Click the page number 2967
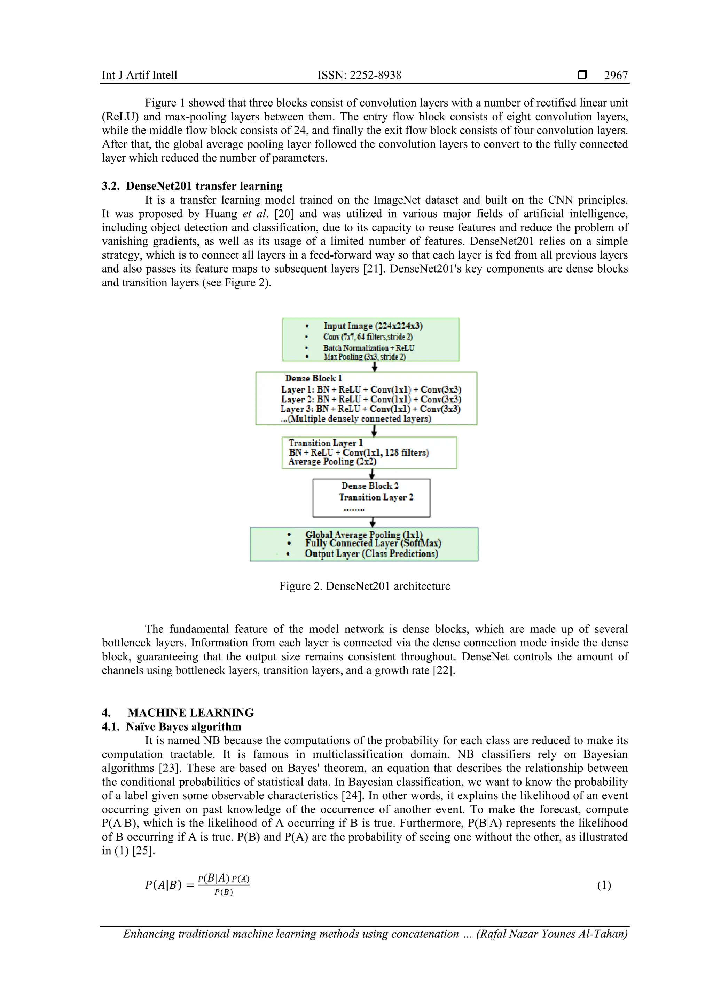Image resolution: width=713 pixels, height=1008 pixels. (616, 75)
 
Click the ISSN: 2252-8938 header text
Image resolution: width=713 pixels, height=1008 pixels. (359, 75)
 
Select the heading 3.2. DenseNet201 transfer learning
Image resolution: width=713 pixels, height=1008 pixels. (192, 186)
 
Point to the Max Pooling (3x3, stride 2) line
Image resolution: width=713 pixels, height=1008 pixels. (365, 356)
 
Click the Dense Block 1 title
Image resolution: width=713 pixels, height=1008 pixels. (313, 378)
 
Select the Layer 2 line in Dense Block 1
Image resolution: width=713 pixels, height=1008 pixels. (371, 399)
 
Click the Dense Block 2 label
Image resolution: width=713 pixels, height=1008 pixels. (370, 486)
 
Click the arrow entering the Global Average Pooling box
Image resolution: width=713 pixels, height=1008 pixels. (373, 522)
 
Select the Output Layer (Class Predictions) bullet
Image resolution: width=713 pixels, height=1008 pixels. (371, 554)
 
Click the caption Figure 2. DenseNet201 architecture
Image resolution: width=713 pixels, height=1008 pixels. (365, 586)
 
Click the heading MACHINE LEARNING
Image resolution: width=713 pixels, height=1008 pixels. (190, 712)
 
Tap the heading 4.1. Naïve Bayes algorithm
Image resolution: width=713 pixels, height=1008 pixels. (183, 726)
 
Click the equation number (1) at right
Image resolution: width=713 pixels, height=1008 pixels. (604, 885)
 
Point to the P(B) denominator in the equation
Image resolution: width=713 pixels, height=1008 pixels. (224, 892)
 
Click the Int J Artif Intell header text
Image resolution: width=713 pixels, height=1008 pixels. (140, 75)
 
